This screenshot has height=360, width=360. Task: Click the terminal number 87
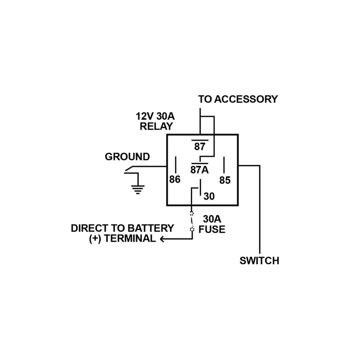(x=199, y=147)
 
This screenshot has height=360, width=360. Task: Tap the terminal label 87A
(x=199, y=170)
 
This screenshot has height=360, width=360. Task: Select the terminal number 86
(x=175, y=179)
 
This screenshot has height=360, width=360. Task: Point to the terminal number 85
(x=225, y=180)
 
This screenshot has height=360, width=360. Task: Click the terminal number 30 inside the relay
(x=209, y=196)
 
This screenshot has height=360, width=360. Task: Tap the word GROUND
(x=127, y=157)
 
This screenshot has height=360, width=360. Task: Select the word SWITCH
(x=260, y=261)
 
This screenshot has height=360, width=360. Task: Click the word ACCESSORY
(x=246, y=99)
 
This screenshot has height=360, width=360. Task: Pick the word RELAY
(x=156, y=126)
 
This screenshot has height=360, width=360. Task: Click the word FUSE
(x=211, y=229)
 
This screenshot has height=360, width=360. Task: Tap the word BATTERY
(x=151, y=228)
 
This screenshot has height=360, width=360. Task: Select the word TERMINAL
(x=130, y=238)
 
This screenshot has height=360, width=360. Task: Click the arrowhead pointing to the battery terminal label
(x=162, y=239)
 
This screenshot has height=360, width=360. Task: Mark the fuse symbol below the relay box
(x=192, y=222)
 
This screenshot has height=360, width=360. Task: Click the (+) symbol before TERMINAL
(x=95, y=239)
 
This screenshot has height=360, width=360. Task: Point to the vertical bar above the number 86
(x=175, y=165)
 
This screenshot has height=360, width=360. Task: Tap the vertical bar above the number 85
(x=224, y=165)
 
